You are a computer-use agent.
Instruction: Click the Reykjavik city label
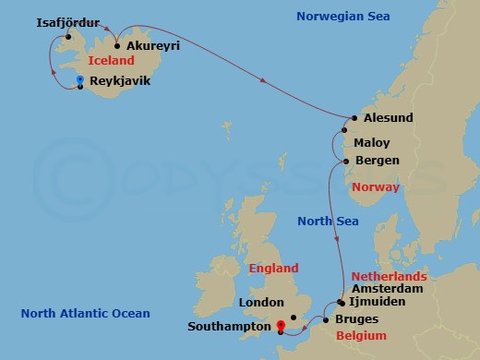[x=119, y=81]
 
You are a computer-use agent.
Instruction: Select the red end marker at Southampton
[x=281, y=325]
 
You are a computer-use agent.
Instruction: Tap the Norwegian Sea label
[x=343, y=17]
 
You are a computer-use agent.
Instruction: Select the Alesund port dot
[x=354, y=118]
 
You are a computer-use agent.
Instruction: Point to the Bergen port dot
[x=346, y=162]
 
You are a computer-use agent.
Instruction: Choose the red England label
[x=274, y=269]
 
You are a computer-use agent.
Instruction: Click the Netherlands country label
[x=389, y=276]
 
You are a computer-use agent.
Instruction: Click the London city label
[x=259, y=303]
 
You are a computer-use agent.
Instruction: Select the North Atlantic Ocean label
[x=85, y=314]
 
